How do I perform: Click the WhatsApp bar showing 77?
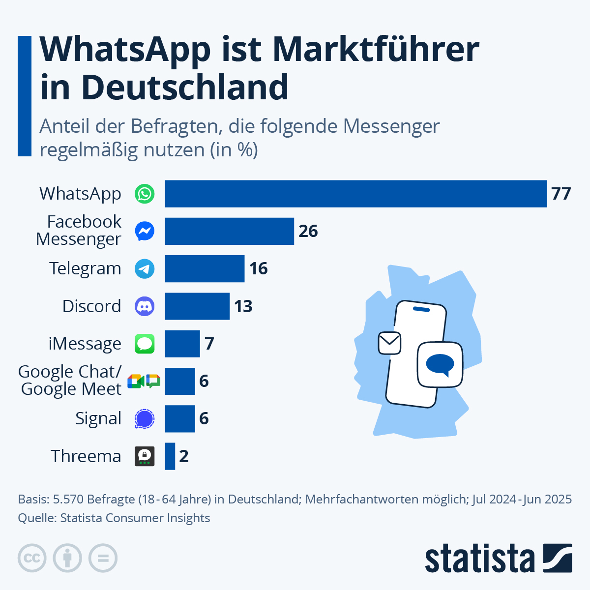355,194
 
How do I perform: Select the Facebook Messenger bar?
229,231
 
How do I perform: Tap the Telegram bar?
205,268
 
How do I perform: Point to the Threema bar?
170,456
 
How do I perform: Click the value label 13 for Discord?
243,306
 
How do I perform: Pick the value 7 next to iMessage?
209,344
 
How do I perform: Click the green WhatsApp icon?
145,194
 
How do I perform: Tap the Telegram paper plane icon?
145,269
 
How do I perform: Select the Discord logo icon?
145,306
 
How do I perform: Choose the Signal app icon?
145,419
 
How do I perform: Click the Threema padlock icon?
145,456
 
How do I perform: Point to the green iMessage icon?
145,344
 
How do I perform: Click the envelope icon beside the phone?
389,343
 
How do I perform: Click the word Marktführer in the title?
376,49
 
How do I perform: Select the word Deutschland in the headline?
185,88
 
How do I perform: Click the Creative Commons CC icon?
32,559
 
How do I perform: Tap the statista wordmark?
479,559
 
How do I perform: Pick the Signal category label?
98,419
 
